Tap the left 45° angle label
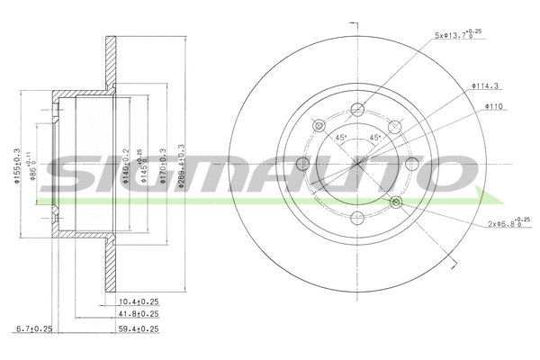tap(341, 138)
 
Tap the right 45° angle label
tap(375, 138)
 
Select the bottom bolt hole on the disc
tap(357, 218)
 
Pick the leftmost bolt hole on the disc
tap(303, 163)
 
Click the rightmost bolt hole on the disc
tap(411, 163)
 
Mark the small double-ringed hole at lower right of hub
tap(396, 202)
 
